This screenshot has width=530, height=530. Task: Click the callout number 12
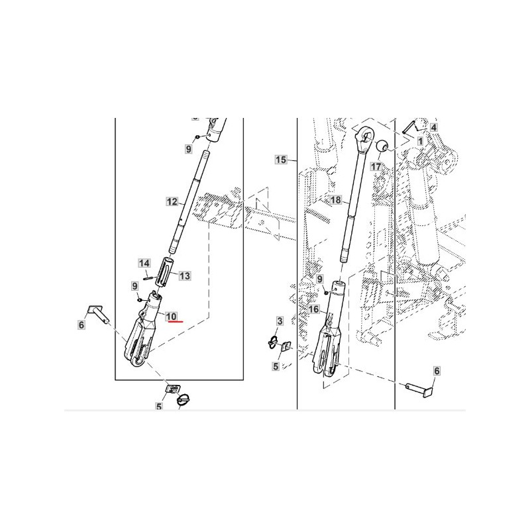[x=172, y=202]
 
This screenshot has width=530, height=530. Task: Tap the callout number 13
[x=185, y=276]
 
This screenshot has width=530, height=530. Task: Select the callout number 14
[x=144, y=263]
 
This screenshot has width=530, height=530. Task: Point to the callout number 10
[x=172, y=317]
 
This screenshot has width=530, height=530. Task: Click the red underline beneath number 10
[x=176, y=322]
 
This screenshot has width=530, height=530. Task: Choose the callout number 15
[x=280, y=160]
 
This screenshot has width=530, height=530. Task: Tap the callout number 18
[x=336, y=200]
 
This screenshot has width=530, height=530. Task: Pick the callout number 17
[x=376, y=166]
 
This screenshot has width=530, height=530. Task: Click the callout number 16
[x=313, y=309]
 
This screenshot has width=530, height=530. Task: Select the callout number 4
[x=434, y=127]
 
